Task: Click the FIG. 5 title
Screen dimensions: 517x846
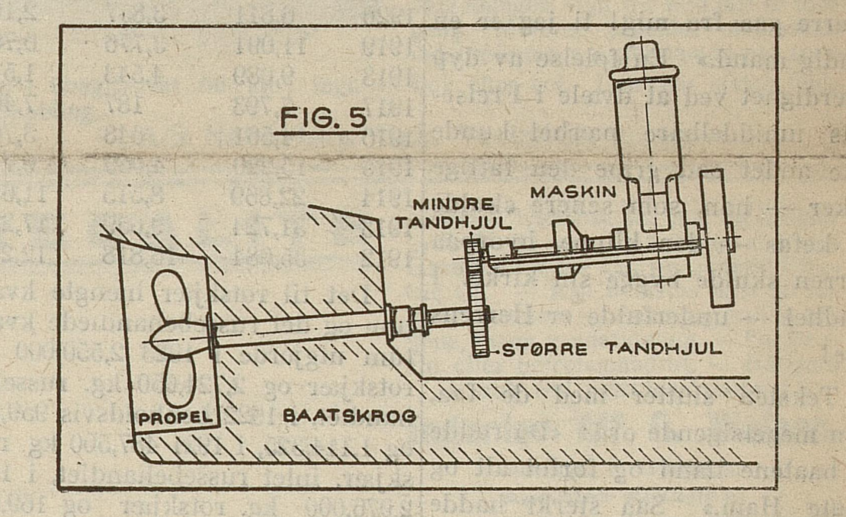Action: [x=323, y=118]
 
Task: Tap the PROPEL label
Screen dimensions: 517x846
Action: [x=176, y=418]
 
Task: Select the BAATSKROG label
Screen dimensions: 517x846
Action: [x=349, y=415]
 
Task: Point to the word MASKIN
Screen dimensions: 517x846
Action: [x=573, y=192]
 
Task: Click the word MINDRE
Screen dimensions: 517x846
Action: [x=453, y=205]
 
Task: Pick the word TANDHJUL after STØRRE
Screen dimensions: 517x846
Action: [x=663, y=349]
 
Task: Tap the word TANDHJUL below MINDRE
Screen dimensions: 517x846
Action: [x=453, y=223]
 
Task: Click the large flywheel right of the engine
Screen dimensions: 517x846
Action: [x=717, y=238]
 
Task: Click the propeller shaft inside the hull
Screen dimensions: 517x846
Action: [x=298, y=329]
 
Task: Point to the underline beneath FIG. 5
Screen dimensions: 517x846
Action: [x=320, y=132]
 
